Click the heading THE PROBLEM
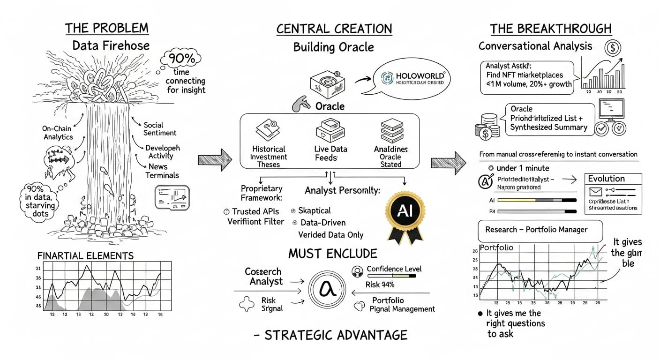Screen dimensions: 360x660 click(x=106, y=28)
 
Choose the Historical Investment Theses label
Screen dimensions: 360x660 click(x=269, y=157)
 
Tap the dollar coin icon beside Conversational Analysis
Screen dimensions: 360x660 click(x=613, y=48)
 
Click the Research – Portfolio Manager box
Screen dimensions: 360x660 click(x=536, y=230)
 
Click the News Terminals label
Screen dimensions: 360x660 click(x=162, y=171)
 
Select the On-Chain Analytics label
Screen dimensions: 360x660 click(x=59, y=133)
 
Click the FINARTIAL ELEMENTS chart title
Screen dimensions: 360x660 click(x=85, y=256)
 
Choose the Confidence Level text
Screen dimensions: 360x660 click(x=394, y=269)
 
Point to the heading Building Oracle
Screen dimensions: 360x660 click(x=333, y=47)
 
